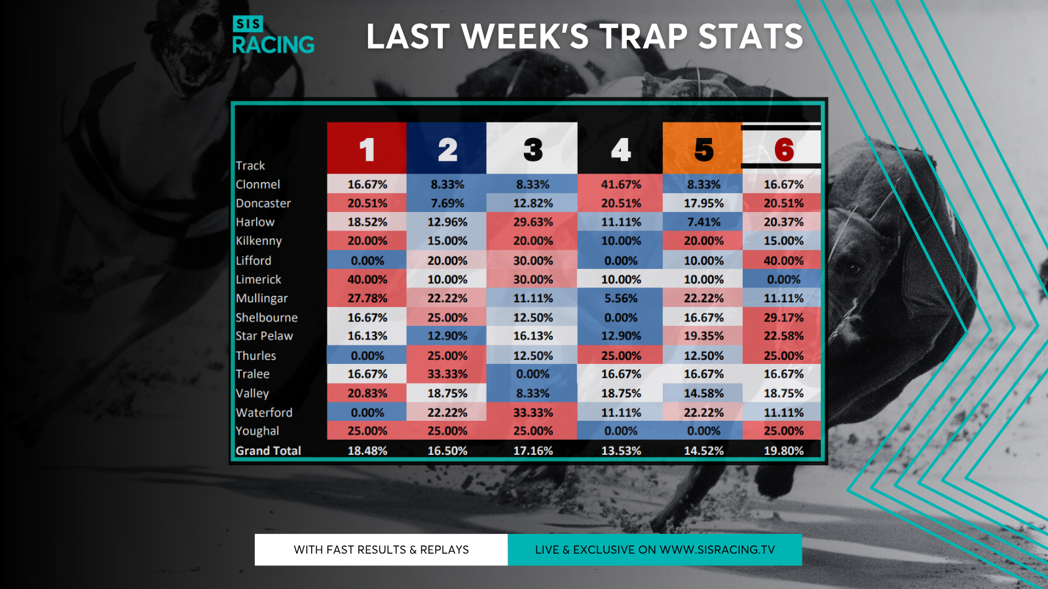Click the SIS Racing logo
(273, 35)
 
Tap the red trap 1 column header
(367, 148)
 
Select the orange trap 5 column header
(702, 148)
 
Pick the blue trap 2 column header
(446, 148)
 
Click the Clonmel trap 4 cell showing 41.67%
(620, 184)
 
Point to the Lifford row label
(253, 260)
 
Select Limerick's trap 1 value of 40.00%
(367, 279)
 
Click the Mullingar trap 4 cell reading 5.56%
(620, 298)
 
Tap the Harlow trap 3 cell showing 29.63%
(533, 222)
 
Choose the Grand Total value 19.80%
(783, 451)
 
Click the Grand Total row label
(268, 451)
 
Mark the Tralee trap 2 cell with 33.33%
(447, 374)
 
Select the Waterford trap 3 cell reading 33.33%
(533, 412)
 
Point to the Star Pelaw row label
(264, 336)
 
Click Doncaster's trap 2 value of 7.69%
(447, 204)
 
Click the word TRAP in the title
(645, 37)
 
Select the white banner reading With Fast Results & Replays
(381, 550)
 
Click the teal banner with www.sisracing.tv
(655, 550)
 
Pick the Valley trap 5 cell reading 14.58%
(703, 393)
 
